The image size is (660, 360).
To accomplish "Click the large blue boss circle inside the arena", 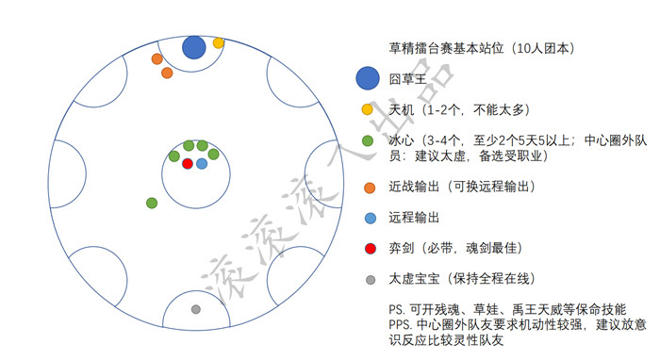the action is (193, 47).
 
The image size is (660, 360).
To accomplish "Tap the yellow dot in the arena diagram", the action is (218, 43).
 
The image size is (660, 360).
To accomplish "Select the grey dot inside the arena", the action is (196, 309).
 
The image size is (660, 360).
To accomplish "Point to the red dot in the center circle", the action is (188, 164).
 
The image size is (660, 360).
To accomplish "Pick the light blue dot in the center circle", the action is (202, 164).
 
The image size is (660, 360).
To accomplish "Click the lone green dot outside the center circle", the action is (152, 204).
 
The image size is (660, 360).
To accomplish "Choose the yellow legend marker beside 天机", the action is (368, 109).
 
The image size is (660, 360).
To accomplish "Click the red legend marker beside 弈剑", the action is (371, 249).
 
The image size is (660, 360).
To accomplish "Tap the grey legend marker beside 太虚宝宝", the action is (371, 280).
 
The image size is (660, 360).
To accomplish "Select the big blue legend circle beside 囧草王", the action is (368, 78).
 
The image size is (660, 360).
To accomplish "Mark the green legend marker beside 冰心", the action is (368, 140).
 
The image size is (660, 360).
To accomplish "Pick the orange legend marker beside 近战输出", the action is (370, 188).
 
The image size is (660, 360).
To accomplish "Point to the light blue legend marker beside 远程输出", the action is (371, 219).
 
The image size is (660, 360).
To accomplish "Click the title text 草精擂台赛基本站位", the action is (446, 48).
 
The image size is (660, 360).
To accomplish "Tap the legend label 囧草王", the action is (407, 79).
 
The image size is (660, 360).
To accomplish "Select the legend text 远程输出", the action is (414, 218).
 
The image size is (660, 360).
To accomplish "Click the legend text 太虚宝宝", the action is (414, 278).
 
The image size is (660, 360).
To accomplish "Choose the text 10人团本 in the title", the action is (543, 48).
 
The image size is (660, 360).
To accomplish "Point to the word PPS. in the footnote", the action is (401, 325).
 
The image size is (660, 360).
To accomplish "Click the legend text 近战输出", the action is (414, 187).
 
